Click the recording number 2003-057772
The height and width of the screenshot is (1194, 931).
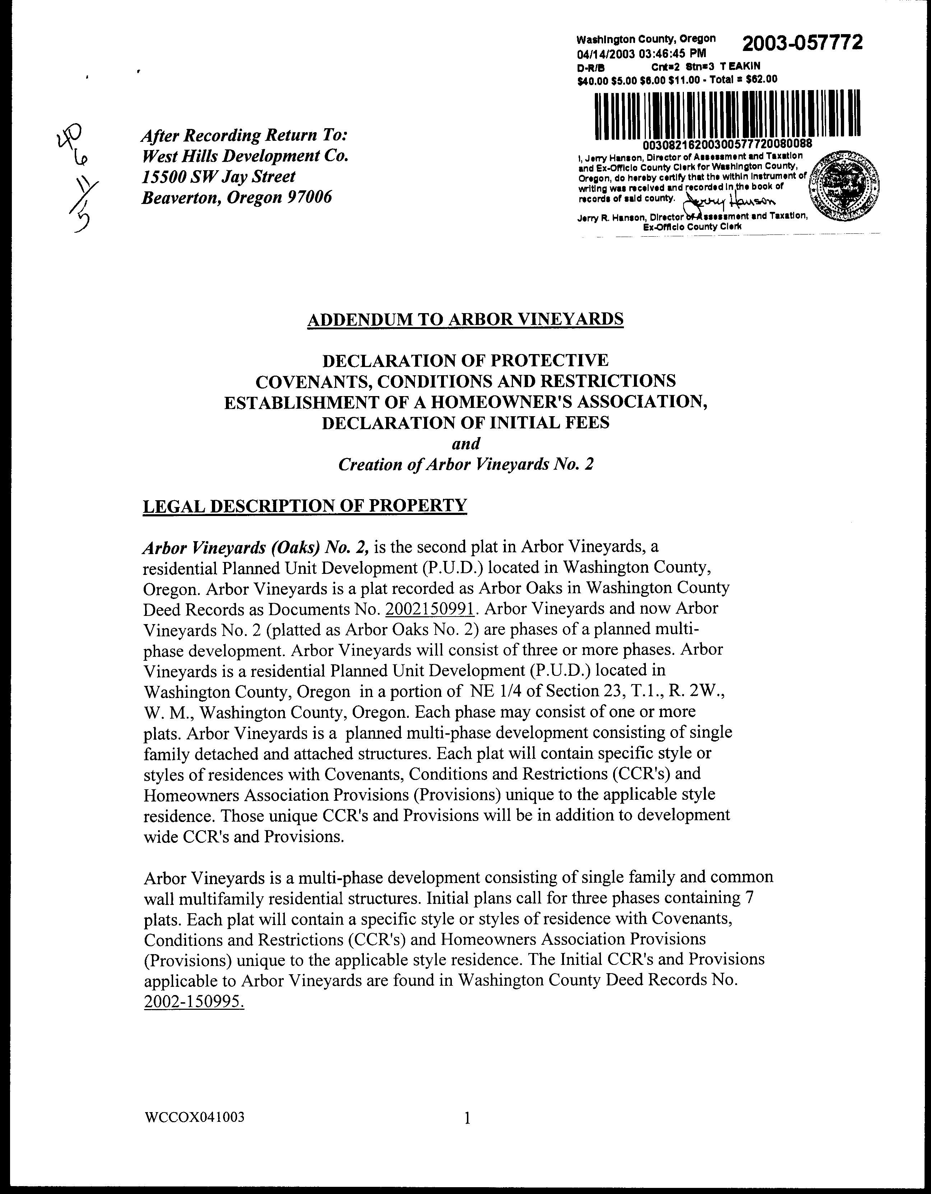802,43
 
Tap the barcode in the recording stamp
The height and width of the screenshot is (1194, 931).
727,114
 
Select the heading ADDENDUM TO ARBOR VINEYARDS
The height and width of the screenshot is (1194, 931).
465,319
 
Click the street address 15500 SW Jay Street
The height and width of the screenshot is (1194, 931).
218,177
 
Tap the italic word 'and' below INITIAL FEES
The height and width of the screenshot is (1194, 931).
465,443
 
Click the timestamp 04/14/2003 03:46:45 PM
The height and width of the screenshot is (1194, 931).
641,54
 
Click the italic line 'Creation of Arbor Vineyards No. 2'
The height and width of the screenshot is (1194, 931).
465,464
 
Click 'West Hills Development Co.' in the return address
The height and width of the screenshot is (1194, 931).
245,156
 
